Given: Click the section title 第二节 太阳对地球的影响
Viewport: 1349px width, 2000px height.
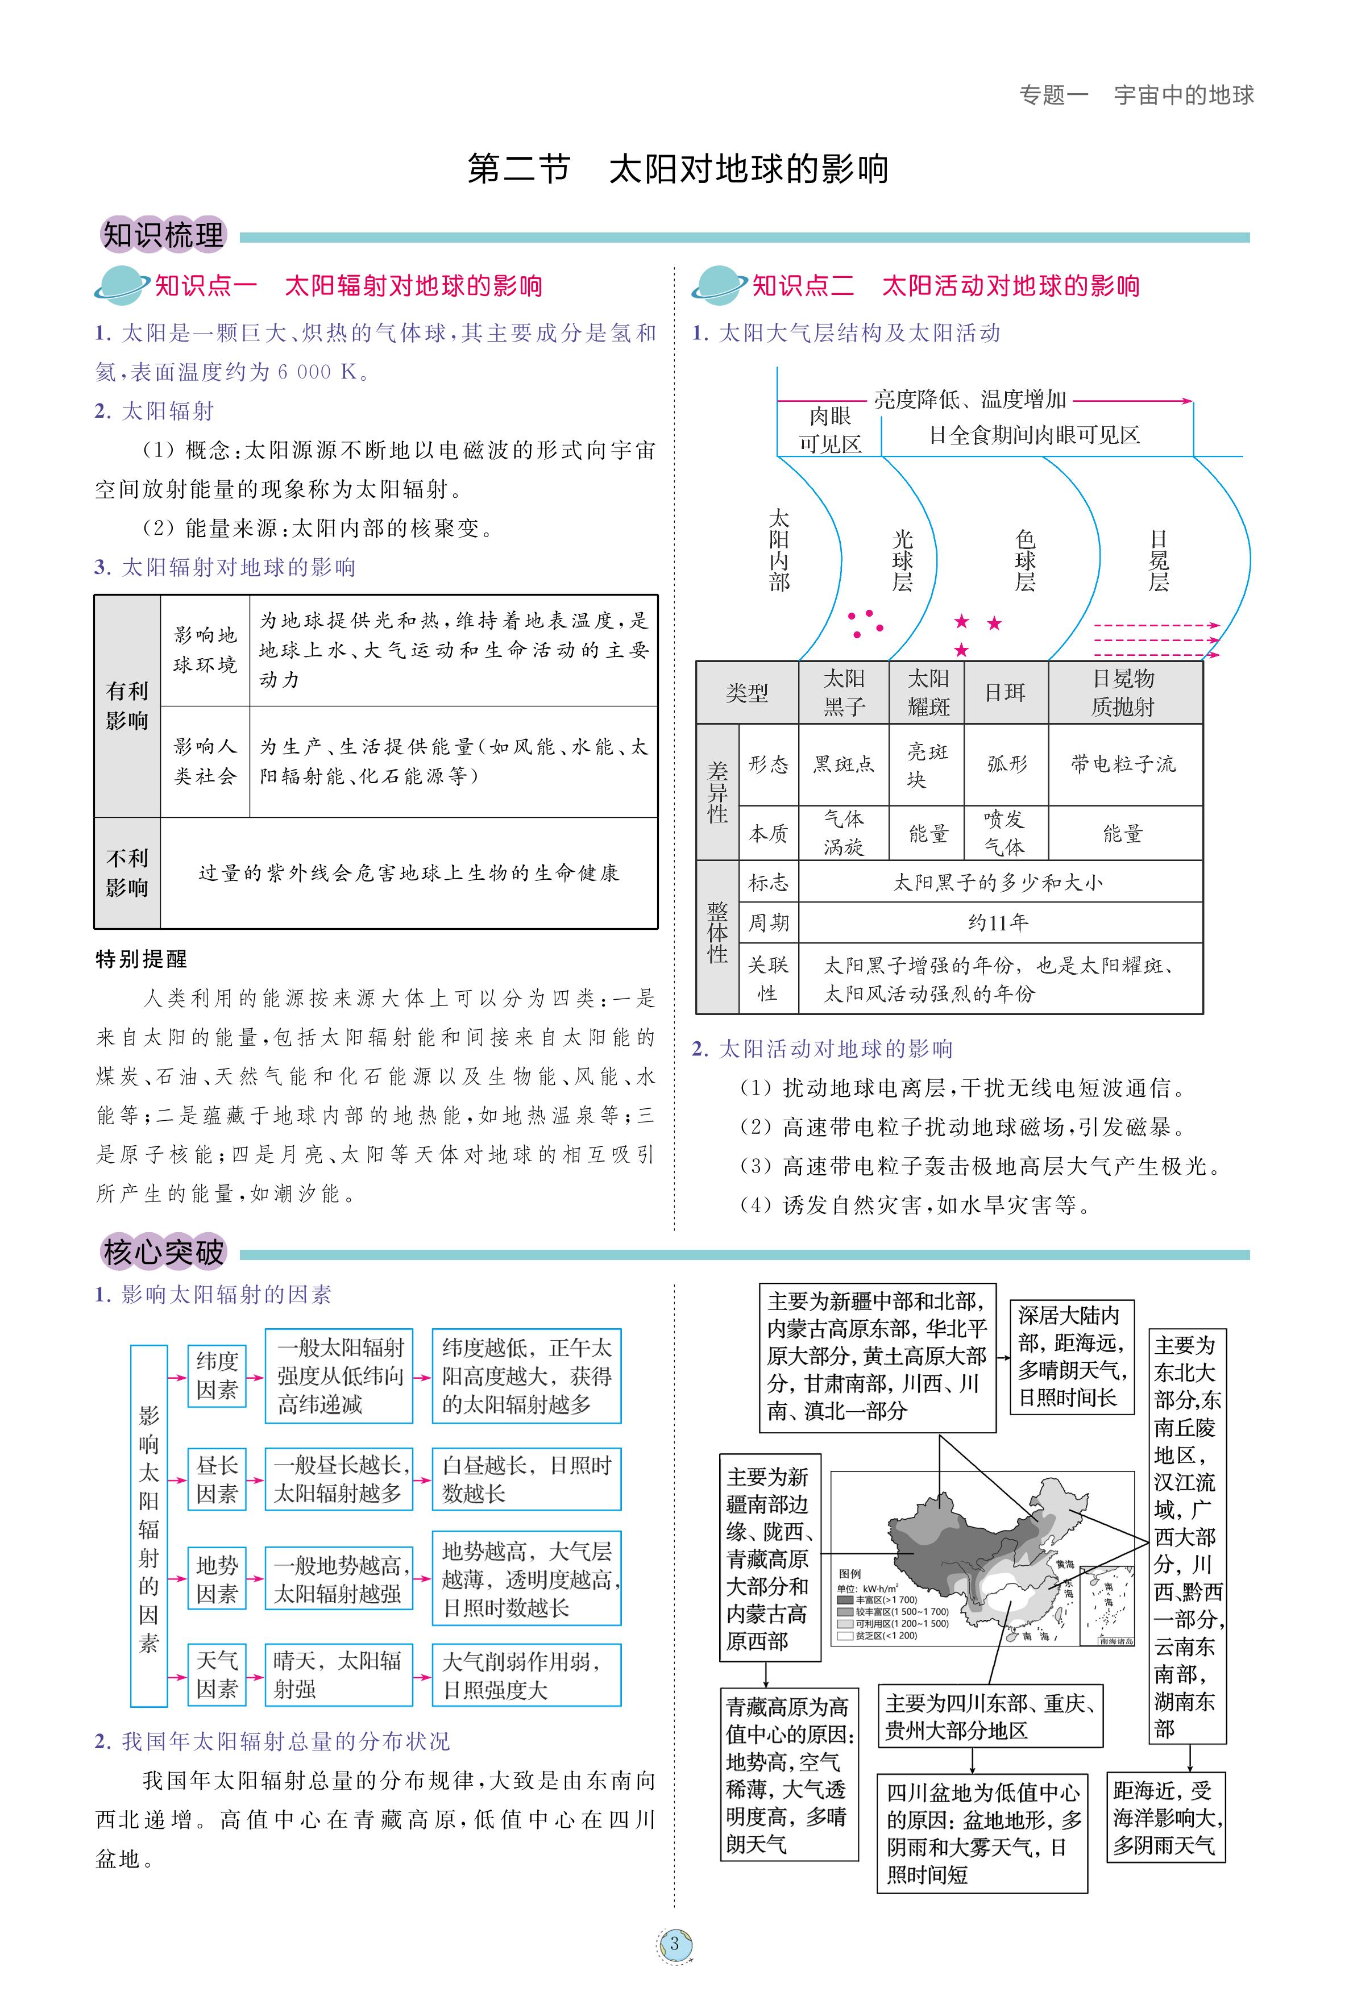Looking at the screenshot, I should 677,169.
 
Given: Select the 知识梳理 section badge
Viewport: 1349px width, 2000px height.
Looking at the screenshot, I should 163,235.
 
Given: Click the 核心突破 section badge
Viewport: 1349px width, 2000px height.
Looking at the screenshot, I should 163,1253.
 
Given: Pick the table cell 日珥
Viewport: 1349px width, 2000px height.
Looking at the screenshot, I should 1005,692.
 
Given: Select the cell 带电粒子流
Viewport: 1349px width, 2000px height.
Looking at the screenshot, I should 1123,764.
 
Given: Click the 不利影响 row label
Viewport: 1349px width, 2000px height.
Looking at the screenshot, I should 127,872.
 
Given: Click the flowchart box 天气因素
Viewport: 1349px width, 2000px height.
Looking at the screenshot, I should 217,1675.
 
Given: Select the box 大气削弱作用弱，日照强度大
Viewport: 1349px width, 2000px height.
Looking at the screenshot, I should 526,1675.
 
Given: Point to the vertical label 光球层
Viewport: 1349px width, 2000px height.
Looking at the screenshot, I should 902,561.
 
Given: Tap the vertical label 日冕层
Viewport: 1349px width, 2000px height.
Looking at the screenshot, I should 1159,561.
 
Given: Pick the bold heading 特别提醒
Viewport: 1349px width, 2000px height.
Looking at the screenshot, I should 141,959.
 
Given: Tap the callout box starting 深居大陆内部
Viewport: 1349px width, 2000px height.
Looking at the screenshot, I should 1071,1357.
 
